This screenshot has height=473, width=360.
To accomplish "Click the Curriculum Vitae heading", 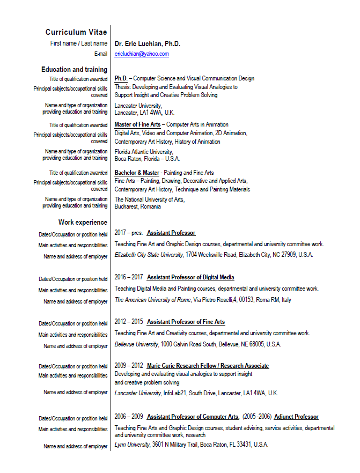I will [76, 32].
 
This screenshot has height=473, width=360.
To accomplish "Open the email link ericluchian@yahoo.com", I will [142, 54].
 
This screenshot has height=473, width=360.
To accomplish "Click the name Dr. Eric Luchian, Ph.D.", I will [148, 43].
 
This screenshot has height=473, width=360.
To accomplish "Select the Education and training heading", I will [74, 70].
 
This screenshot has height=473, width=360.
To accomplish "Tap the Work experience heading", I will [83, 222].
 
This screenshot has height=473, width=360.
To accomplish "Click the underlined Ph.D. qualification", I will [121, 78].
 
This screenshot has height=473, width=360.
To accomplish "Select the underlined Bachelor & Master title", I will [137, 173].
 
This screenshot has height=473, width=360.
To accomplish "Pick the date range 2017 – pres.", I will [128, 233].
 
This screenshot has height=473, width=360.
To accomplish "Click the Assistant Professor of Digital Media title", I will [190, 277].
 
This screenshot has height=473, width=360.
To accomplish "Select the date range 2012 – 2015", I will [129, 322].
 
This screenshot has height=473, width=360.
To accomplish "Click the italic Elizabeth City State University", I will [149, 255].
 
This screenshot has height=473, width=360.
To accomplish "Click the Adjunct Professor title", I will [296, 417].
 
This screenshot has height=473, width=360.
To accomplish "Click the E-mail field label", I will [101, 54].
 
